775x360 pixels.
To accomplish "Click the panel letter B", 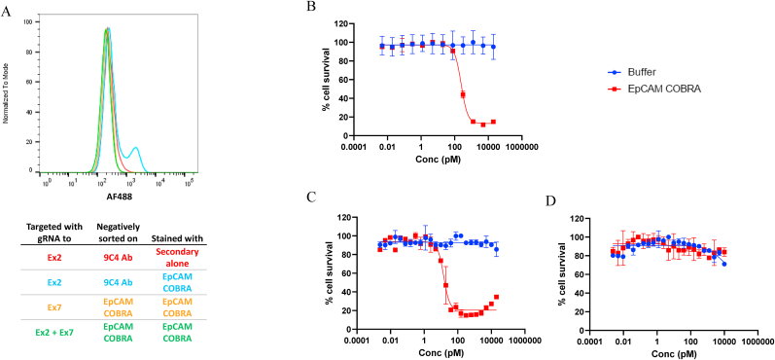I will coord(311,8).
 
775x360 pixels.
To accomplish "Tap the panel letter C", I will coord(310,196).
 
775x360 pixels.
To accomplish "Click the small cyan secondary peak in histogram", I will coord(135,150).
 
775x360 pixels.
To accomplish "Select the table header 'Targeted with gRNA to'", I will coord(54,232).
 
